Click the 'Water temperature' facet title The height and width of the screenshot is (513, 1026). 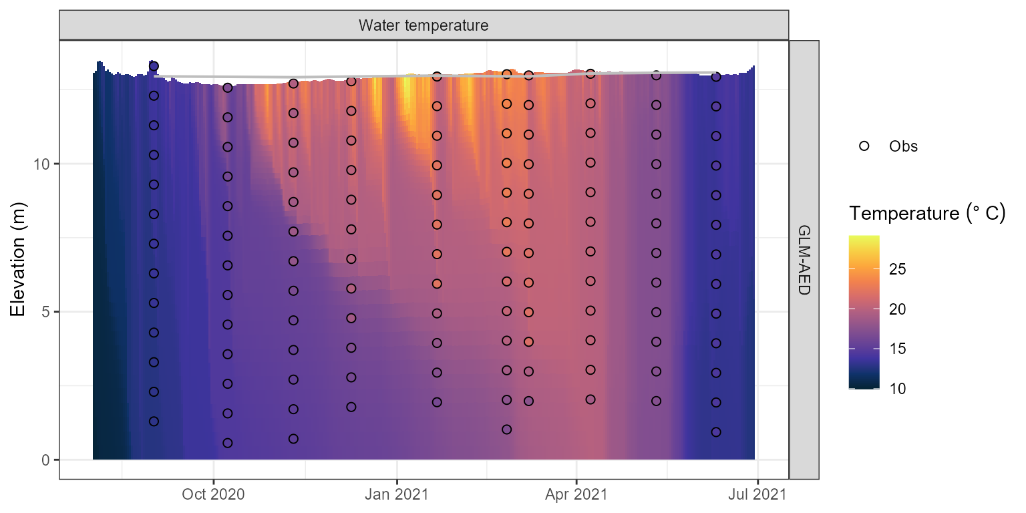pyautogui.click(x=423, y=26)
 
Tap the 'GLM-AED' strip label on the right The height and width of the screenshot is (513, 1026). pyautogui.click(x=804, y=259)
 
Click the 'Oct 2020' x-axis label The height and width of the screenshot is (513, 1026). pyautogui.click(x=213, y=495)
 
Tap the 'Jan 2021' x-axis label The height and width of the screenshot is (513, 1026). pyautogui.click(x=397, y=495)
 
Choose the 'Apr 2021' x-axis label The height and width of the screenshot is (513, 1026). pyautogui.click(x=576, y=495)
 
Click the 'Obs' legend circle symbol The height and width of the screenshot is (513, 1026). pyautogui.click(x=864, y=146)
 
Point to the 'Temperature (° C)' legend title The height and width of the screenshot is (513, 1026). pyautogui.click(x=927, y=214)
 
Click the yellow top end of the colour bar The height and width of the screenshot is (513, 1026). pyautogui.click(x=864, y=238)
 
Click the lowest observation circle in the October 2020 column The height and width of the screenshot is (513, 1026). pyautogui.click(x=227, y=443)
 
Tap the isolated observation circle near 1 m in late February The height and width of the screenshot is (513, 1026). pyautogui.click(x=506, y=430)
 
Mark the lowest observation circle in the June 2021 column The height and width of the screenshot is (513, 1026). pyautogui.click(x=716, y=432)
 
